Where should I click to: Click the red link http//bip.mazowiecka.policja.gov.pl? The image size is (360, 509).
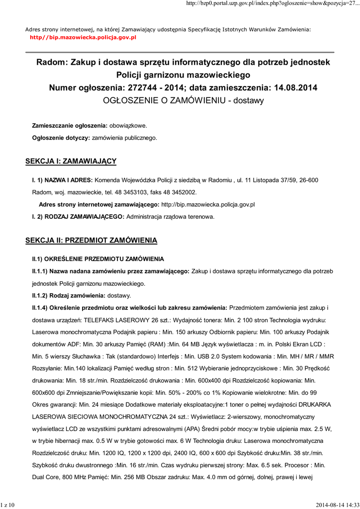coord(83,37)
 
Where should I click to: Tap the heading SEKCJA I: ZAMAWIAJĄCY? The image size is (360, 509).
coord(71,161)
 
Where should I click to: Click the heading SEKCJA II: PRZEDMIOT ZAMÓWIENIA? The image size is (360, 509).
coord(91,241)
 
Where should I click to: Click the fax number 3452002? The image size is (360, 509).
coord(183,192)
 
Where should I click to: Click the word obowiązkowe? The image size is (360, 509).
coord(128,125)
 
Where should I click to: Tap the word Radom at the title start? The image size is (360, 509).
coord(51,63)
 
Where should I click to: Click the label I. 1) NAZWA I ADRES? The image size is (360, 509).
coord(62,179)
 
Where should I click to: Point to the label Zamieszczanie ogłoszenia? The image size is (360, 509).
coord(70,125)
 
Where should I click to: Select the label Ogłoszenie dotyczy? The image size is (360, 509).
coord(61,138)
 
